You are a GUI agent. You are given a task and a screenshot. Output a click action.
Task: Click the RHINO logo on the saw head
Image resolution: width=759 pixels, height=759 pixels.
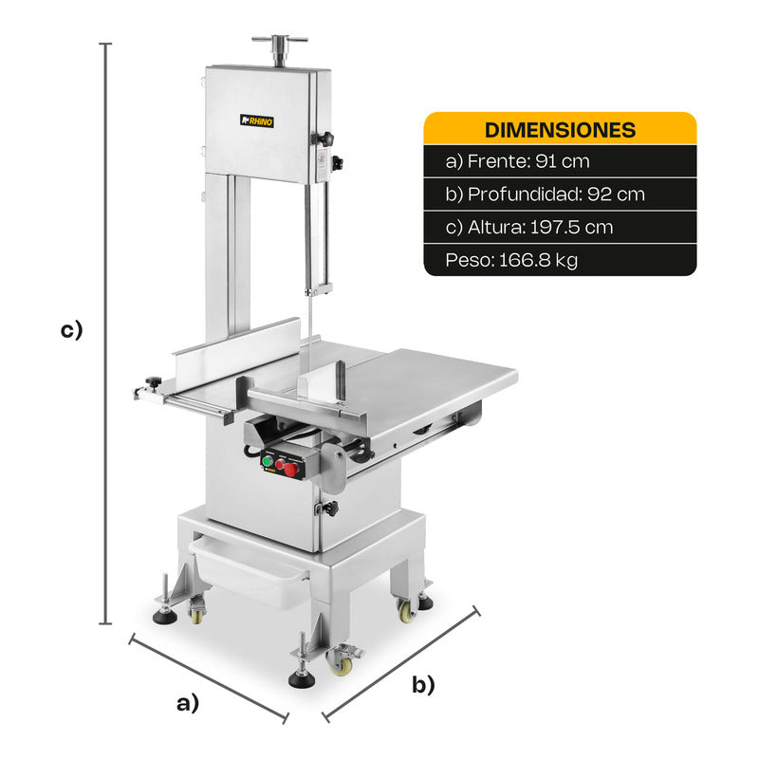pyautogui.click(x=257, y=121)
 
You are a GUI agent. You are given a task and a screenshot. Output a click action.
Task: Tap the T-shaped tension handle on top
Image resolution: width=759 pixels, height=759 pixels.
pyautogui.click(x=279, y=49)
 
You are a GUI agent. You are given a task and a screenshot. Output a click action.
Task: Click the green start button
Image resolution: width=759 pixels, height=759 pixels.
pyautogui.click(x=267, y=461)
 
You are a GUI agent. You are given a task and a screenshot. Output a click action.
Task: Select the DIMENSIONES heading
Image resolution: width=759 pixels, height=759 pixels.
pyautogui.click(x=560, y=130)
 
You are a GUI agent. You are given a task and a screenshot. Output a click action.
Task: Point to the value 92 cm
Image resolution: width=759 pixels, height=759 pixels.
pyautogui.click(x=616, y=194)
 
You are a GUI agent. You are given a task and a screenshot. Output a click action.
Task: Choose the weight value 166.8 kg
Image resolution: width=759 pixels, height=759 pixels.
pyautogui.click(x=538, y=260)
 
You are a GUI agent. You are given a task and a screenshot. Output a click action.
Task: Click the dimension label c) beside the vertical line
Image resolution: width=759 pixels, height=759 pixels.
pyautogui.click(x=72, y=330)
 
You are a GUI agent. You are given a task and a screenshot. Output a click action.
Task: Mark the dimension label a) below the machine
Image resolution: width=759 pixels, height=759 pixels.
pyautogui.click(x=187, y=703)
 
